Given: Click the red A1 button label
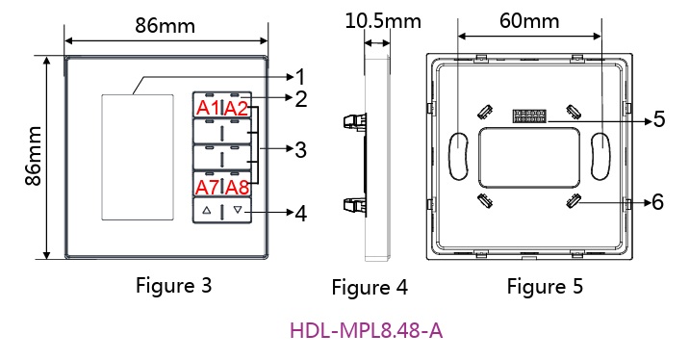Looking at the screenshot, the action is coord(208,108).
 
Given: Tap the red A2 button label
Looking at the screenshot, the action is coord(236,108).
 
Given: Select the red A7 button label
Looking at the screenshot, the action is coord(208,188).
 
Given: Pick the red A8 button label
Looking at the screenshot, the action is coord(238,188).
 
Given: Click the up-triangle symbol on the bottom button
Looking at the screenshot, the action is coord(207,210).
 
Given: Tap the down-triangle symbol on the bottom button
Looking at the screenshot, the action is coord(238,210).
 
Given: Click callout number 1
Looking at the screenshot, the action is coord(300,77).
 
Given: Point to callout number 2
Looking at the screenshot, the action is coord(301,99).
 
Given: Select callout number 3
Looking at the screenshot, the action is coord(300,149).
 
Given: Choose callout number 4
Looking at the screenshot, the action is coord(301,214).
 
